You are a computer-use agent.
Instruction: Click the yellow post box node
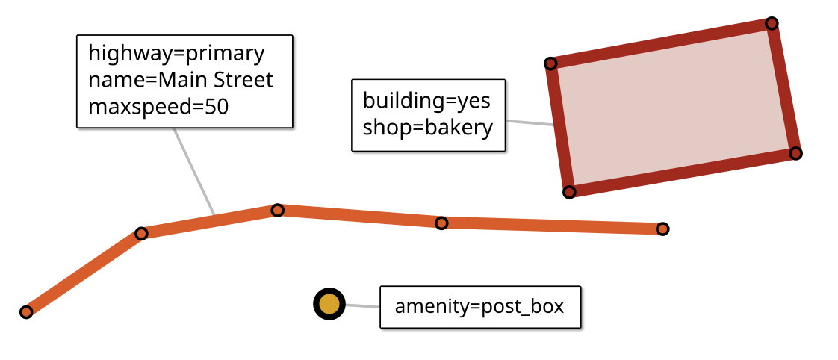point(329,304)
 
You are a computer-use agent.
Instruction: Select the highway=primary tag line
point(176,54)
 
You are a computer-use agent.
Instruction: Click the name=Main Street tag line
point(181,80)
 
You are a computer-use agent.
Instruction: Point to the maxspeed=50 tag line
point(158,107)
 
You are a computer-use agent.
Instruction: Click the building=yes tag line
point(426,100)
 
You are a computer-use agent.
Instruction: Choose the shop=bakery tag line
point(428,127)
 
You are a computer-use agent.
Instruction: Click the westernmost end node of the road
point(26,311)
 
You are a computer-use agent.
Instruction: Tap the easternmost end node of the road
point(662,229)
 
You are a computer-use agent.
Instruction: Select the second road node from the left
point(141,233)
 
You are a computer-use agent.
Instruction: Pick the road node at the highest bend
point(277,210)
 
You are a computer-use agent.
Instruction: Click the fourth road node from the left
point(441,223)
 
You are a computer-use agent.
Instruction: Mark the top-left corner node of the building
point(550,63)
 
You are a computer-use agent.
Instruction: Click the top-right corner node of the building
point(772,23)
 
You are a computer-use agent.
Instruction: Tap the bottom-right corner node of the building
point(796,153)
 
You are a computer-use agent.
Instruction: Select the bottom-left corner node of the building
point(569,192)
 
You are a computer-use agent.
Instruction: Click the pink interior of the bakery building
point(672,108)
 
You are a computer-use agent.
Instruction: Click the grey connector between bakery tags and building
point(530,122)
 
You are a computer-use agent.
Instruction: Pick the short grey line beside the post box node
point(362,305)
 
